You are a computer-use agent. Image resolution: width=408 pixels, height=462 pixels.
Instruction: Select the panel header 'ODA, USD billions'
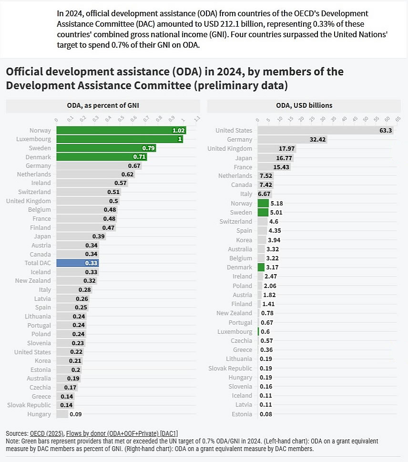click(x=304, y=105)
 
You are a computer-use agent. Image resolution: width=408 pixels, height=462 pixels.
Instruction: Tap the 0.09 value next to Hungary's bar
click(x=75, y=414)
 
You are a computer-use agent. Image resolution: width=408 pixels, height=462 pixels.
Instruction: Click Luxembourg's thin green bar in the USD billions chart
click(x=258, y=331)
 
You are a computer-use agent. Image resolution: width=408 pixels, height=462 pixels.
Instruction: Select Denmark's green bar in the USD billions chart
click(x=261, y=267)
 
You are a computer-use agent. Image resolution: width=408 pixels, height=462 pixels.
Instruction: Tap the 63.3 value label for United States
click(x=385, y=130)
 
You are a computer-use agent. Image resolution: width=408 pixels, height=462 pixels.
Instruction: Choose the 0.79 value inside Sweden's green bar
click(x=149, y=148)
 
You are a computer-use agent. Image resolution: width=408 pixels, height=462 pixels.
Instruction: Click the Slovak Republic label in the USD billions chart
click(x=230, y=368)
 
